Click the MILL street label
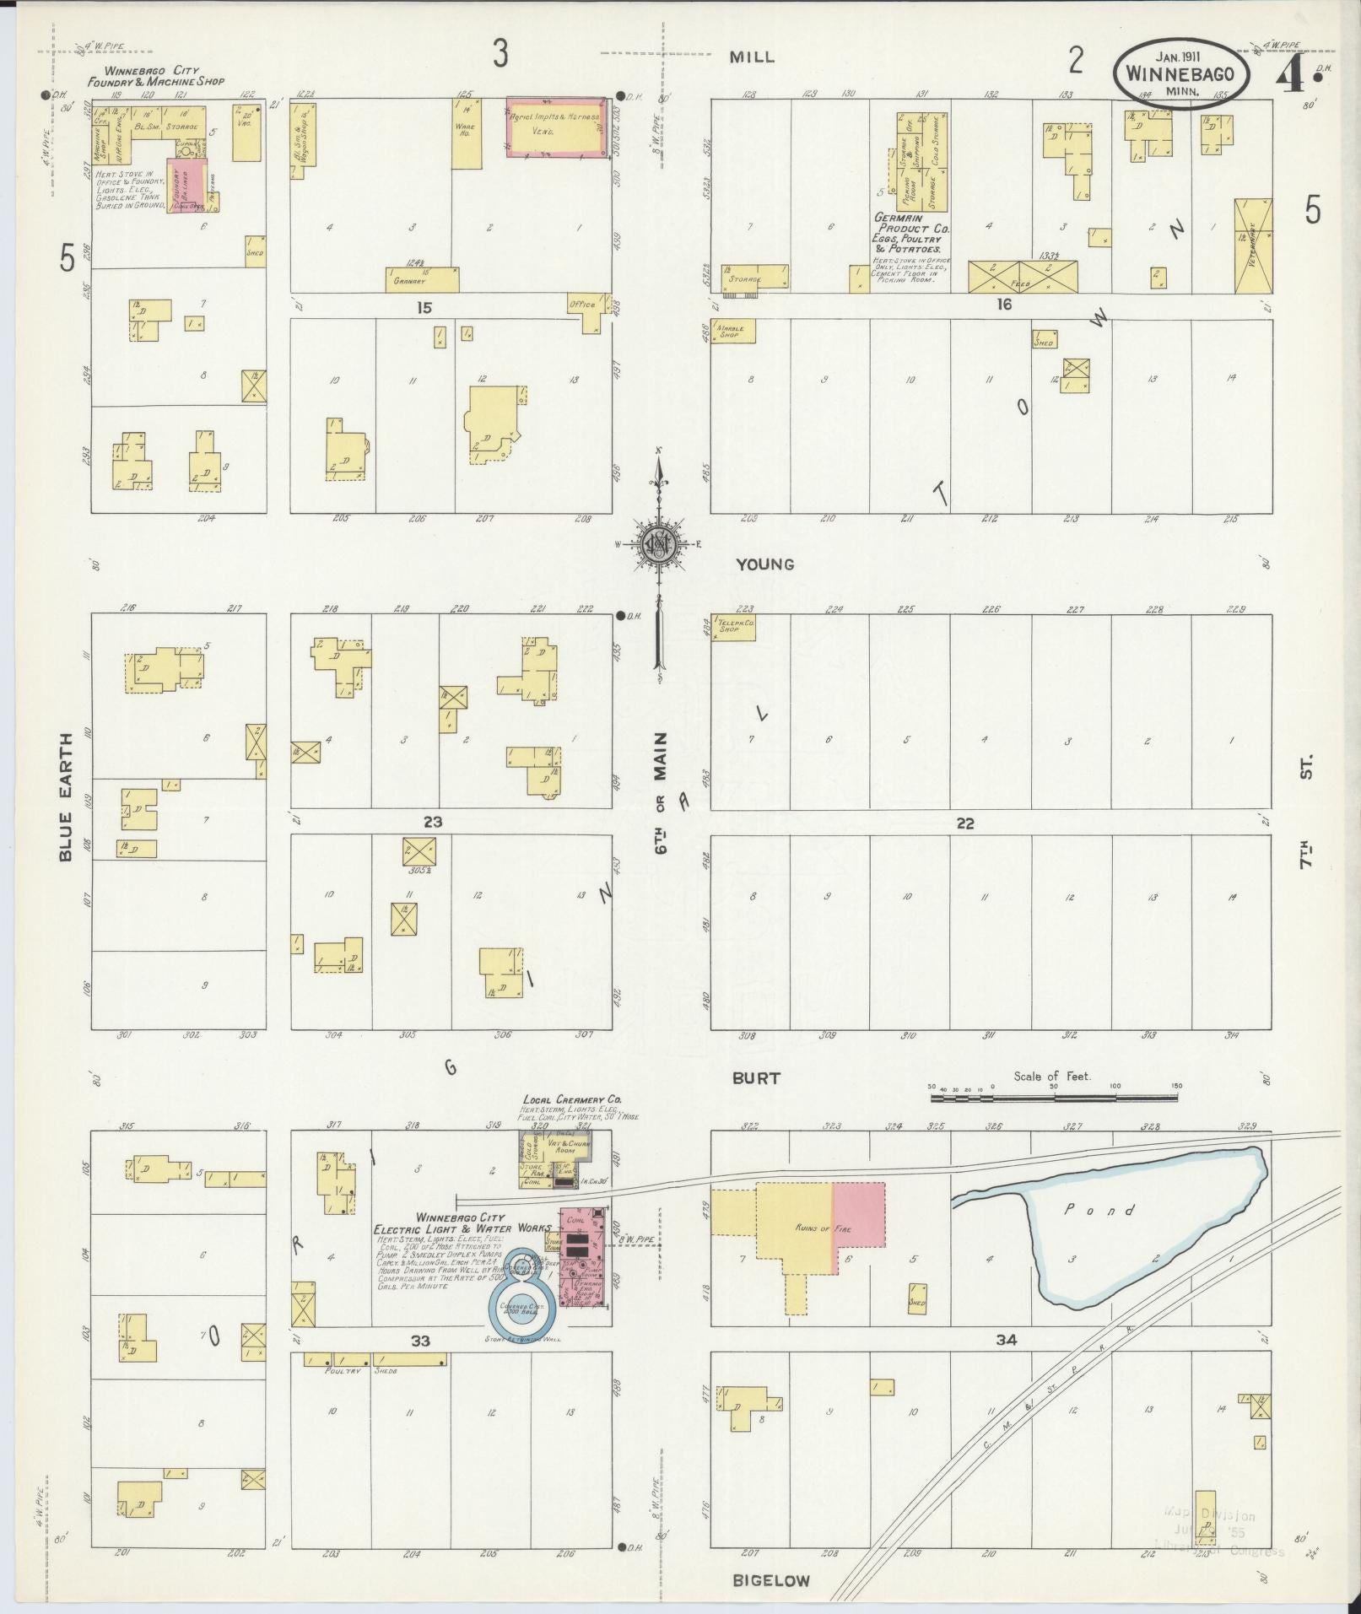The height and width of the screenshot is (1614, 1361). tap(752, 57)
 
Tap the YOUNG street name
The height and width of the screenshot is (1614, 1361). tap(764, 564)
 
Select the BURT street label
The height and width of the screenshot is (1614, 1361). tap(756, 1077)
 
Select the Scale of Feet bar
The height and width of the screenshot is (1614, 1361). tap(1054, 1098)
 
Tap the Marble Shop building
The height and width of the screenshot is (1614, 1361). tap(732, 332)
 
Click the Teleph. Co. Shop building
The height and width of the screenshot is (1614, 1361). tap(732, 626)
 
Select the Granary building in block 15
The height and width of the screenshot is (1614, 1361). tap(422, 278)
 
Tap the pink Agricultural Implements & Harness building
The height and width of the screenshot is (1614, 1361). tap(555, 127)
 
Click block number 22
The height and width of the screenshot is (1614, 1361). tap(964, 823)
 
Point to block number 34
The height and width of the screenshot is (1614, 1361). tap(1006, 1339)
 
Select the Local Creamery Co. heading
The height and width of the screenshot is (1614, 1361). tap(572, 1100)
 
